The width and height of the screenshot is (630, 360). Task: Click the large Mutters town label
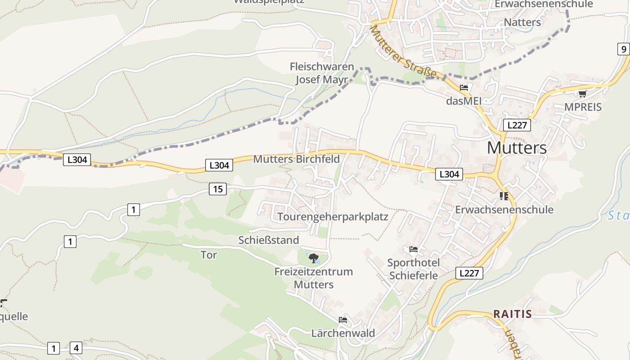tap(517, 148)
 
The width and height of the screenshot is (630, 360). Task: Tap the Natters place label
tap(522, 22)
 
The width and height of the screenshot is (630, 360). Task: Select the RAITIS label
tap(512, 314)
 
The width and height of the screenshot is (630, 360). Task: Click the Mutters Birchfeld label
tap(296, 159)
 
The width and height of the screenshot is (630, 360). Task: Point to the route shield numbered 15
tap(218, 189)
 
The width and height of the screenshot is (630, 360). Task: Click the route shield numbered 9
tap(623, 49)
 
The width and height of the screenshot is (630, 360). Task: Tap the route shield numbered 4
tap(76, 348)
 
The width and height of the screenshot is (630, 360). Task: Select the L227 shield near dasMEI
tap(516, 125)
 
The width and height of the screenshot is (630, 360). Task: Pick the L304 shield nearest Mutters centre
tap(449, 174)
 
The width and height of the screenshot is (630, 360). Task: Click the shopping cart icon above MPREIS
tap(582, 94)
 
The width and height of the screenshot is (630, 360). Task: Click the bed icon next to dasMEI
tap(464, 88)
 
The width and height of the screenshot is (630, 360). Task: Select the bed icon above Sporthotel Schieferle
tap(414, 249)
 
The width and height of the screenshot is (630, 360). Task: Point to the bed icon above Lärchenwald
tap(343, 320)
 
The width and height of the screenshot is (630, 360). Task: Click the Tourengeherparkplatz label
tap(333, 216)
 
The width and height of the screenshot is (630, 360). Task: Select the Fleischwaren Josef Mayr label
tap(321, 73)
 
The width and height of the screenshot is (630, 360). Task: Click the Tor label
tap(208, 255)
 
